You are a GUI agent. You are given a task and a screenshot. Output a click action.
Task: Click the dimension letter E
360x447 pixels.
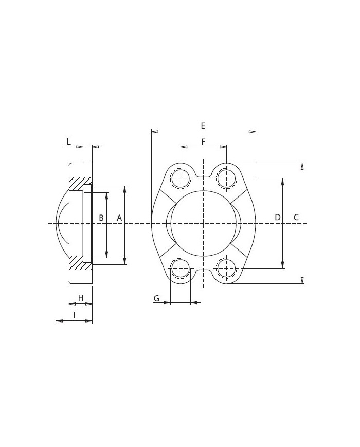[203, 126]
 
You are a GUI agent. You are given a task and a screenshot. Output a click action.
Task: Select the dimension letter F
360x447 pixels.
[203, 141]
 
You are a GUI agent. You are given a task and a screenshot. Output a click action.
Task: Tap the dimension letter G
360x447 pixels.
[156, 298]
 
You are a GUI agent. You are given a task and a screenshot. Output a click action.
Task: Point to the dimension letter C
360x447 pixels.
[296, 218]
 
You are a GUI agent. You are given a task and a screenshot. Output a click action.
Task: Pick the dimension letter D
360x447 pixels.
[278, 218]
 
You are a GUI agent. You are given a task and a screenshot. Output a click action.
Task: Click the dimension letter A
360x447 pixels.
[119, 218]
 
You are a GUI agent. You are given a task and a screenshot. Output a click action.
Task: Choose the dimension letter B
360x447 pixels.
[101, 218]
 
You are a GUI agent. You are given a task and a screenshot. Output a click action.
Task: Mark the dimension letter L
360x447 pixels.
[69, 141]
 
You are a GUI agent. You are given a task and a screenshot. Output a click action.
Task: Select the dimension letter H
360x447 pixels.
[81, 298]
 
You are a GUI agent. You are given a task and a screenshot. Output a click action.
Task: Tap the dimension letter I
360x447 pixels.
[74, 315]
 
